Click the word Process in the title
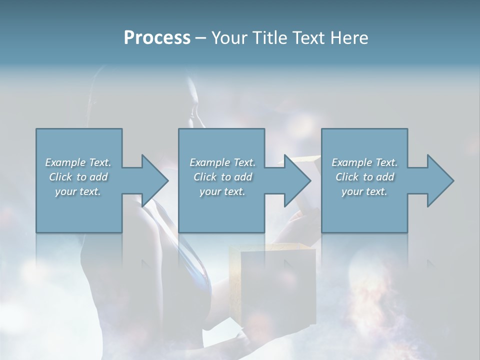tap(157, 38)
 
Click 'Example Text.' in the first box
tap(78, 162)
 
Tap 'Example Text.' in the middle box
tap(222, 162)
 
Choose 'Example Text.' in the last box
tap(364, 162)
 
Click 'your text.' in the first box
tap(78, 191)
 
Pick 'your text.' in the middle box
tap(222, 191)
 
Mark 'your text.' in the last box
tap(364, 191)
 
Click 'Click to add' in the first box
tap(78, 177)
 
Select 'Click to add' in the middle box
tap(222, 177)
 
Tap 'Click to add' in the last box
tap(364, 177)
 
